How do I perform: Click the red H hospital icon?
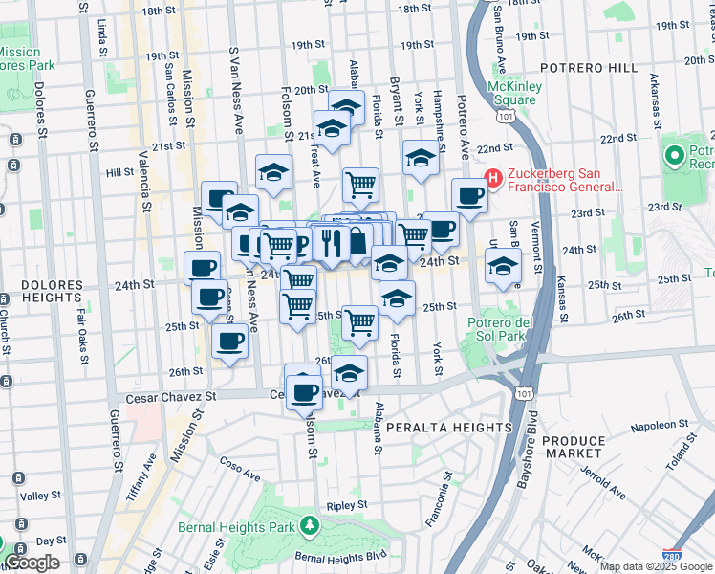coord(493,177)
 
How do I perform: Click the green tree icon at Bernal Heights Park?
coord(309,526)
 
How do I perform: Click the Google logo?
coord(32,563)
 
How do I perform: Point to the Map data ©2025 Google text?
coord(656,566)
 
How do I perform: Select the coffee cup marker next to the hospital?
coord(469,194)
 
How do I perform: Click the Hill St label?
coord(119,172)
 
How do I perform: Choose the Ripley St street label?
coord(346,504)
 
